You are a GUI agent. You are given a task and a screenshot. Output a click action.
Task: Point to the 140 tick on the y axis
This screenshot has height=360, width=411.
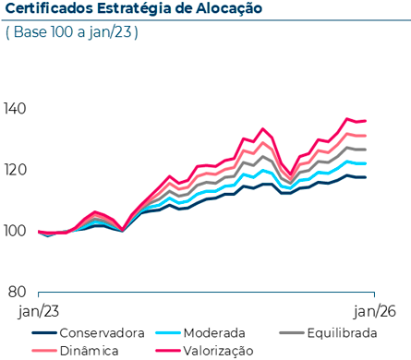(x=16, y=109)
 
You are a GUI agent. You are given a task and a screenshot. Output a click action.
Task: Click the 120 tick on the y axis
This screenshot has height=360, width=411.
(x=16, y=170)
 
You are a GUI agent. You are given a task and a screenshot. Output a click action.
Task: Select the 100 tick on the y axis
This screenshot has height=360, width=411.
(x=16, y=231)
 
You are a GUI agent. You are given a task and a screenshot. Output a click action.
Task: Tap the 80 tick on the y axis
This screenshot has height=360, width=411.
(x=18, y=292)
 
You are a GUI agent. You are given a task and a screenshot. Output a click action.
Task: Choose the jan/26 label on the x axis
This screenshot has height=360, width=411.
(x=375, y=312)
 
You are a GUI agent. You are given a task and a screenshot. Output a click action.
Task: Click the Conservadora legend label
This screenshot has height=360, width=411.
(x=101, y=333)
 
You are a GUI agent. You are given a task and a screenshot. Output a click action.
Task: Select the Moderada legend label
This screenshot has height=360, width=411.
(x=213, y=333)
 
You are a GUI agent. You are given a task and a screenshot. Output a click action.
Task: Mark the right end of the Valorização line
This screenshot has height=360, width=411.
(x=366, y=121)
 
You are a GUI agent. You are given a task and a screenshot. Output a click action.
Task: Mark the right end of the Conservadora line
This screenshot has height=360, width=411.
(x=366, y=177)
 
